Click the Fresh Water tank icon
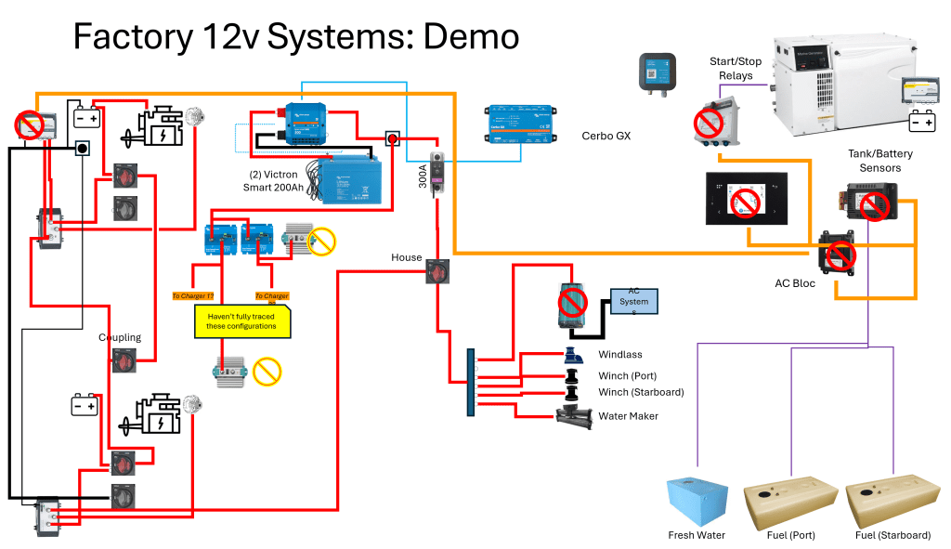point(697,502)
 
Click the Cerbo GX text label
point(606,137)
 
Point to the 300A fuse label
point(423,176)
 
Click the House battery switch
point(436,272)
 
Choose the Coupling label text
point(120,337)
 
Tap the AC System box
point(633,301)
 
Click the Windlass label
point(619,355)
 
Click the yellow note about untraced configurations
point(241,321)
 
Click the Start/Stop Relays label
point(736,68)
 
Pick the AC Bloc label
point(795,283)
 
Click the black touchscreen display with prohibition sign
point(746,200)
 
